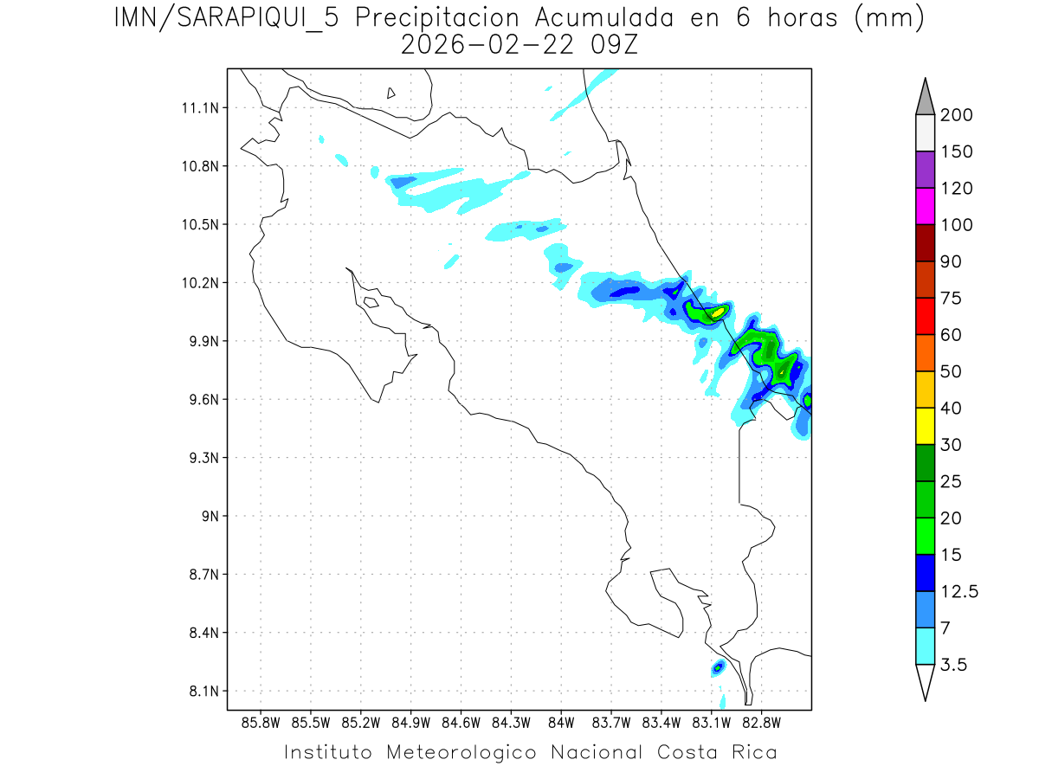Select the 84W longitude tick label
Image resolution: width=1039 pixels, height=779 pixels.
(561, 722)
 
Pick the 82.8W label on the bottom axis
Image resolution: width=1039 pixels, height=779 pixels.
(761, 722)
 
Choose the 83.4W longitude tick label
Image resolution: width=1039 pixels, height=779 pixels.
(661, 722)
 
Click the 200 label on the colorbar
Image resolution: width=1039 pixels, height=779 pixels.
(957, 115)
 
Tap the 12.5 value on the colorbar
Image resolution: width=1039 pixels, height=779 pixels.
(960, 591)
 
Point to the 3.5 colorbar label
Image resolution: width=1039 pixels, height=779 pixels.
(953, 665)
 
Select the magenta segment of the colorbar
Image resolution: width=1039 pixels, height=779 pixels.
(925, 207)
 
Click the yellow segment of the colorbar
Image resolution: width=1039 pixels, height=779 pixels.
(925, 426)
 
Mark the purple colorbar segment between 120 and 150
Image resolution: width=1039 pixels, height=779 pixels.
(925, 170)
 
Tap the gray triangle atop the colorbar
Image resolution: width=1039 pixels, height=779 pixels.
(925, 97)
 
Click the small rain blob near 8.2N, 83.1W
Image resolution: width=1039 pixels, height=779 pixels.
(718, 667)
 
